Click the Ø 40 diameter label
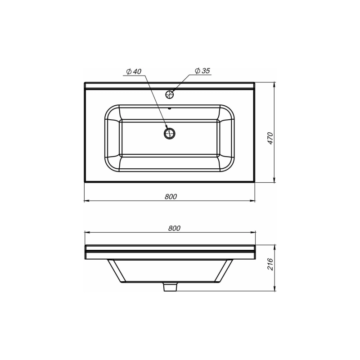tap(134, 72)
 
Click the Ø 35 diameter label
tap(202, 71)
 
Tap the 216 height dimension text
tap(270, 264)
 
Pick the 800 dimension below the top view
tap(171, 196)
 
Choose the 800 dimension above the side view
tap(174, 228)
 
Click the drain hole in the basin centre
tap(170, 133)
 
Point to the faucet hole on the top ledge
tap(170, 94)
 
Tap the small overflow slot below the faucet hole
tap(170, 108)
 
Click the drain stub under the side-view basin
tap(171, 287)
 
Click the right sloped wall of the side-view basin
tap(225, 271)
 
